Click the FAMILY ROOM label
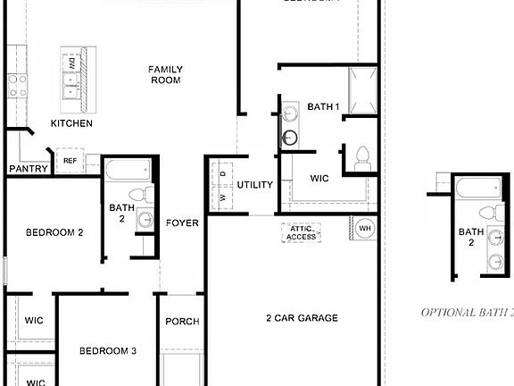[165, 74]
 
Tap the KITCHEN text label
[71, 123]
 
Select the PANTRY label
[28, 169]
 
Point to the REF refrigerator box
[70, 161]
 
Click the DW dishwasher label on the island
[70, 63]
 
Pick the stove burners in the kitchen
[16, 85]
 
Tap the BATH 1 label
[324, 107]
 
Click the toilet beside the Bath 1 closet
[362, 159]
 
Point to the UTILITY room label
[254, 185]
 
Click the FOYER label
[182, 222]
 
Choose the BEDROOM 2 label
[54, 232]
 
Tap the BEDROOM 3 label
[107, 351]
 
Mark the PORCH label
[183, 322]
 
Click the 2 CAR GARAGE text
[302, 318]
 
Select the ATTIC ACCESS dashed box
[301, 233]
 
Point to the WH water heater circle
[364, 228]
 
